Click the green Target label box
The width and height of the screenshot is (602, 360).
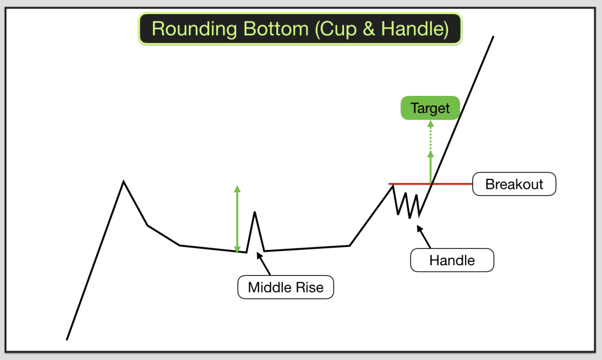pyautogui.click(x=430, y=108)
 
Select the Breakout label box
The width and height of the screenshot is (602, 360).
pyautogui.click(x=514, y=184)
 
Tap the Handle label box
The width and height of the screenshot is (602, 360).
pyautogui.click(x=451, y=259)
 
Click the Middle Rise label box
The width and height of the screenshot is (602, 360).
pyautogui.click(x=285, y=288)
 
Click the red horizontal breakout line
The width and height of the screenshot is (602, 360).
pyautogui.click(x=453, y=184)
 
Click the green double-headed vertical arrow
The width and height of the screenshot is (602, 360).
pyautogui.click(x=237, y=219)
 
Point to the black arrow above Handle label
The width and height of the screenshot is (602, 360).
pyautogui.click(x=424, y=236)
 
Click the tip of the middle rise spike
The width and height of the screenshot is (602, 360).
pyautogui.click(x=255, y=212)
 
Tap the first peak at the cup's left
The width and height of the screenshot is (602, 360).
pyautogui.click(x=123, y=181)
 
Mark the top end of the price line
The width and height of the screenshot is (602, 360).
pyautogui.click(x=493, y=37)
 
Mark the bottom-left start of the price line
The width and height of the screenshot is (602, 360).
pyautogui.click(x=67, y=339)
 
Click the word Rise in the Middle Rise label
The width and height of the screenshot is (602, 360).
pyautogui.click(x=309, y=288)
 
